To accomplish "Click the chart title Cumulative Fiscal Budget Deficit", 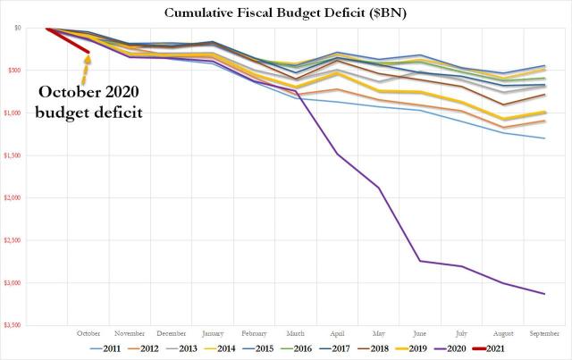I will tap(286, 13).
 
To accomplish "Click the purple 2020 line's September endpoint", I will tap(544, 294).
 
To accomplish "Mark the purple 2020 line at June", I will tap(420, 261).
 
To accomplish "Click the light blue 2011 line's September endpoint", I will tap(544, 138).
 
